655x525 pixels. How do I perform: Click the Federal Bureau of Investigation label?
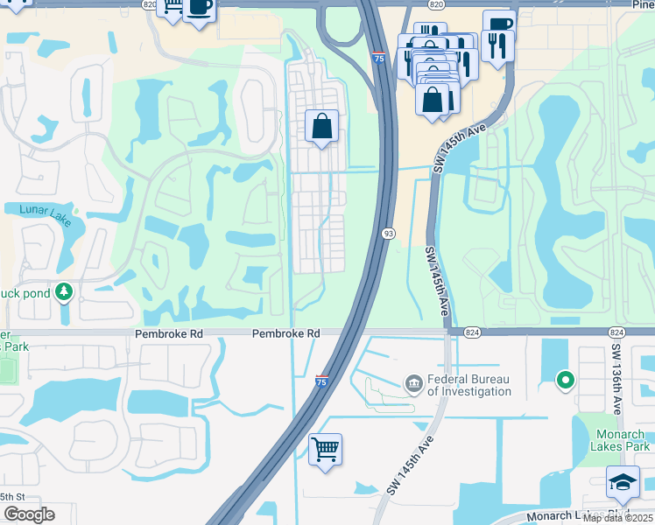point(469,385)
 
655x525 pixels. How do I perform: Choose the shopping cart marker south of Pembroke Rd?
point(325,450)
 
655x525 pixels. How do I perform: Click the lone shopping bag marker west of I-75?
point(322,127)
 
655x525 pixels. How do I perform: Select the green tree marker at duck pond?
point(64,291)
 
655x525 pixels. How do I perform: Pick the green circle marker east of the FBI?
point(566,380)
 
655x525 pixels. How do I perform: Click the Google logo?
point(29,514)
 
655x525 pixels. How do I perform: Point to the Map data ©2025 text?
point(617,518)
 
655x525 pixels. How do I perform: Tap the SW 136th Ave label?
point(616,378)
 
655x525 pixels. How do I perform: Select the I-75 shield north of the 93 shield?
point(377,59)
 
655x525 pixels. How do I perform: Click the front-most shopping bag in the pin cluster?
point(433,99)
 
